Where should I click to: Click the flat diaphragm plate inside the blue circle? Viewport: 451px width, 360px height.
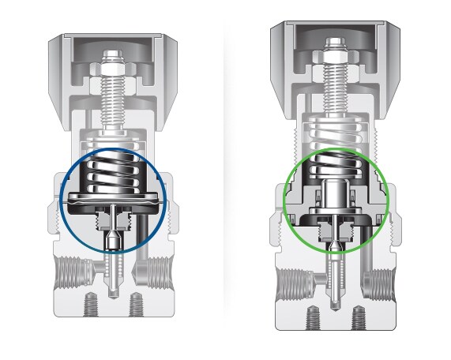[x=115, y=197]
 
